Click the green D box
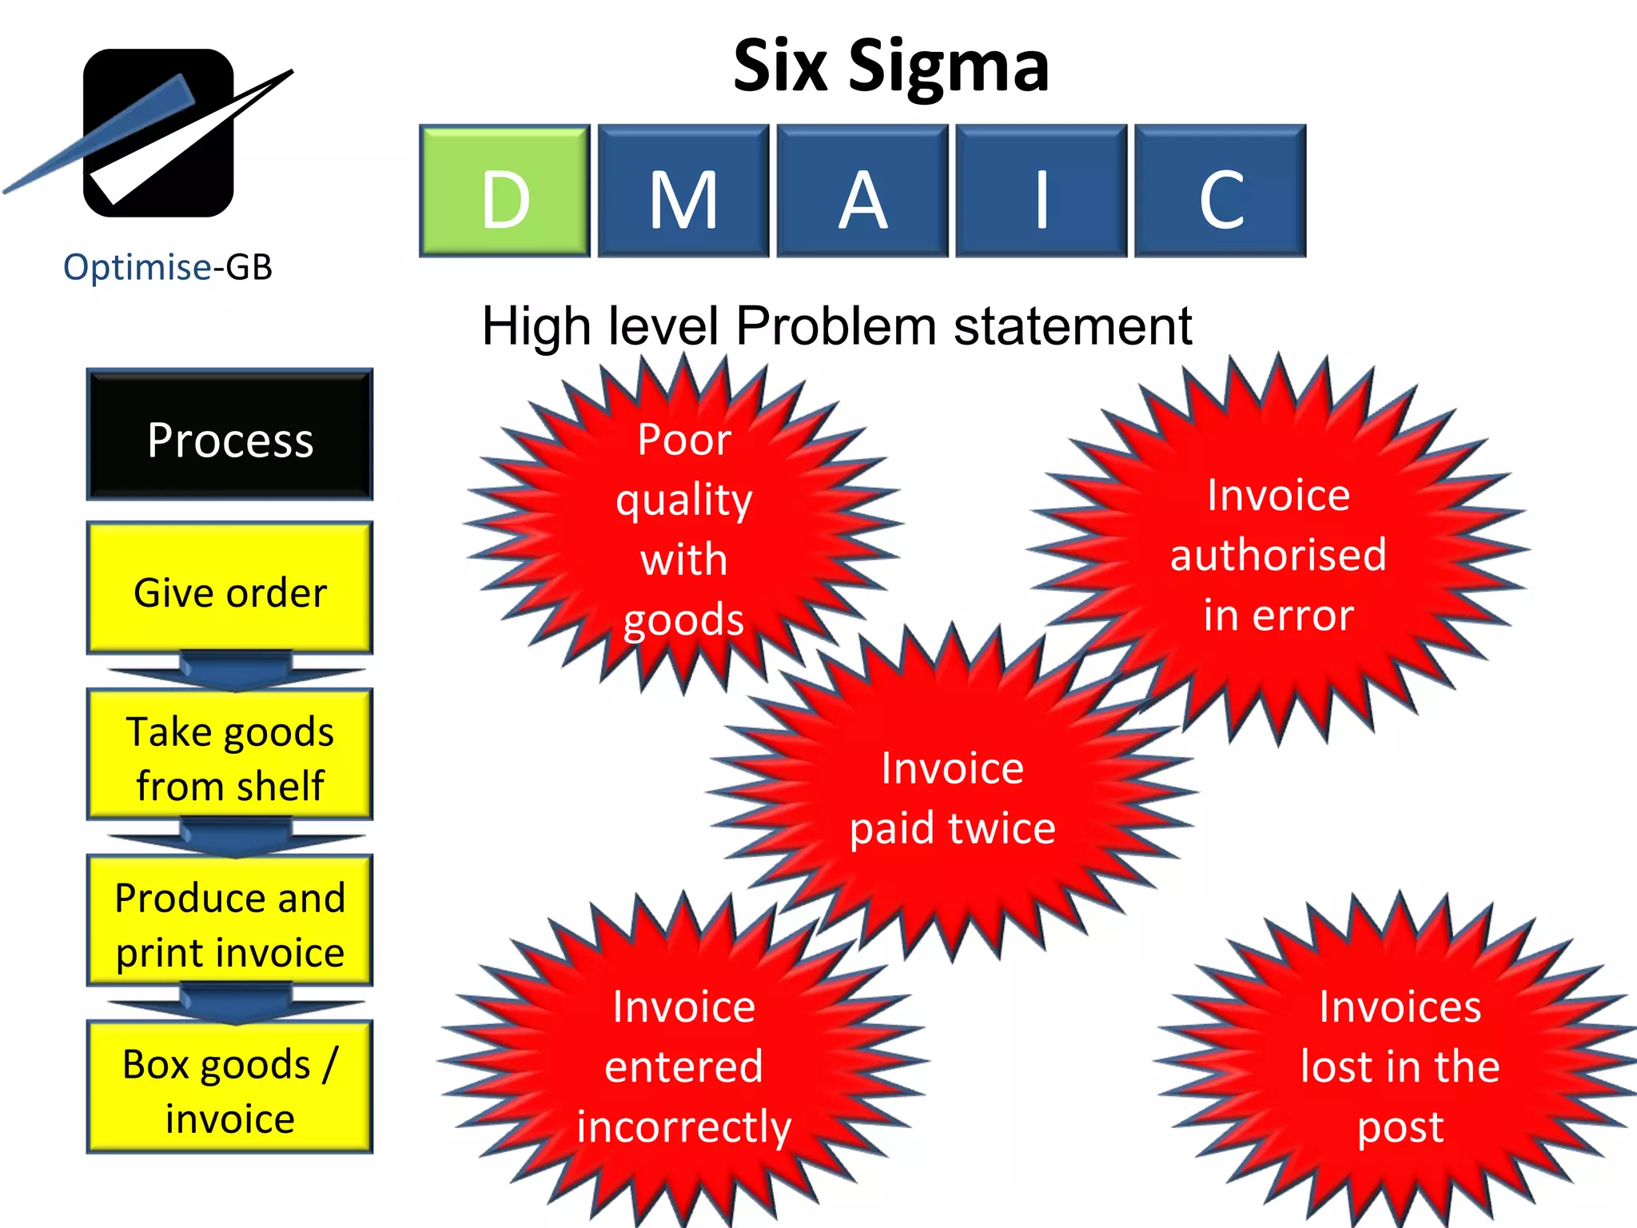click(x=504, y=191)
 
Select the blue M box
click(x=683, y=191)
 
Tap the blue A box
click(x=862, y=191)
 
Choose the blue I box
click(x=1042, y=191)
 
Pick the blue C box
click(x=1221, y=191)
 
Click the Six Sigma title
click(x=890, y=66)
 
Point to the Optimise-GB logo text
click(x=168, y=267)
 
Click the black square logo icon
click(x=158, y=133)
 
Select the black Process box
click(x=230, y=435)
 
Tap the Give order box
click(x=230, y=588)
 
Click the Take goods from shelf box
click(x=230, y=755)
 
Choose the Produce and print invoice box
click(x=230, y=921)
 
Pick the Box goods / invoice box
click(x=230, y=1087)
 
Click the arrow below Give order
click(x=235, y=672)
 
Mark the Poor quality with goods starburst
click(x=684, y=528)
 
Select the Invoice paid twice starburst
click(x=952, y=796)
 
